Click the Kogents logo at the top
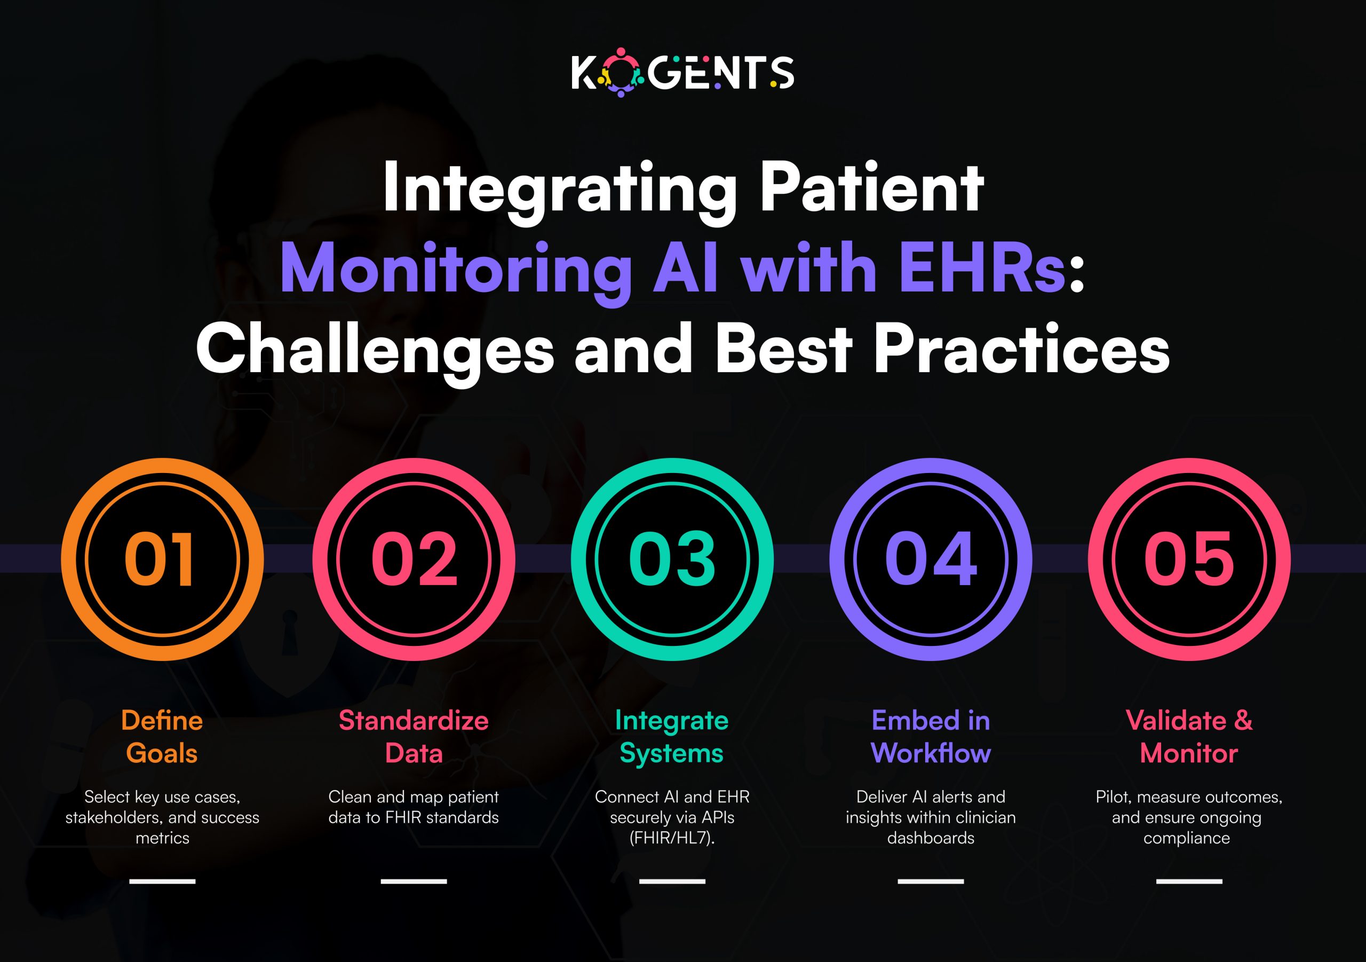point(682,73)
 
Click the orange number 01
point(160,559)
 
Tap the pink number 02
point(414,559)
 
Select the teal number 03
point(672,559)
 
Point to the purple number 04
point(931,559)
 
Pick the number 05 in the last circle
point(1189,559)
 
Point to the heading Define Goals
point(162,737)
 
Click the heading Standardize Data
point(414,737)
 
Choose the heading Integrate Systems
point(672,737)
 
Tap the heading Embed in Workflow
point(931,737)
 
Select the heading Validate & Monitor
point(1189,737)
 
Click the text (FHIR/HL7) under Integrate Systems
point(672,838)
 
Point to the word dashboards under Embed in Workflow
point(931,838)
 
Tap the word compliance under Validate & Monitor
point(1186,838)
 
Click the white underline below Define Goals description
point(162,881)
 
